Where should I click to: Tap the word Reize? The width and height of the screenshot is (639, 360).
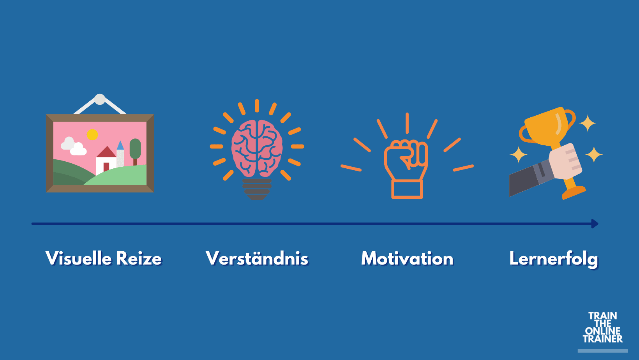point(139,258)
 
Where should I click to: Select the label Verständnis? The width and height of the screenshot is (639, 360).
point(257,258)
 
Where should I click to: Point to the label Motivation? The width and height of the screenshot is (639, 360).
point(408,258)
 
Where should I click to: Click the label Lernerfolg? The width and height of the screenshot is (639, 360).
point(554,259)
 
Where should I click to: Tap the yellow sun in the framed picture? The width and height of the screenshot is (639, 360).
point(92,135)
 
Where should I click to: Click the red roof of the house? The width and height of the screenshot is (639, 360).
point(106,152)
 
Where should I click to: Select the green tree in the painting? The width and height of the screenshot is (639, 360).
point(135,152)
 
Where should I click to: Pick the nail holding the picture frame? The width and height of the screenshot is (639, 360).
point(100,99)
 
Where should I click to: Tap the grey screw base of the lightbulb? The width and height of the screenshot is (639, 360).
point(257,189)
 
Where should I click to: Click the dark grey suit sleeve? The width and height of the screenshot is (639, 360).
point(531,178)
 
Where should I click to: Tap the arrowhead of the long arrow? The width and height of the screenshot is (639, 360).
point(595,224)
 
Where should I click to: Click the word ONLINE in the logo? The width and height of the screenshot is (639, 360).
point(603,331)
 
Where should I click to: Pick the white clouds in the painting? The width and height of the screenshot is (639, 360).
point(74,146)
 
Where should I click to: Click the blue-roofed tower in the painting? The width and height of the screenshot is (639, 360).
point(120,154)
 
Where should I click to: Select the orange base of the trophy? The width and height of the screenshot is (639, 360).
point(574,192)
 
